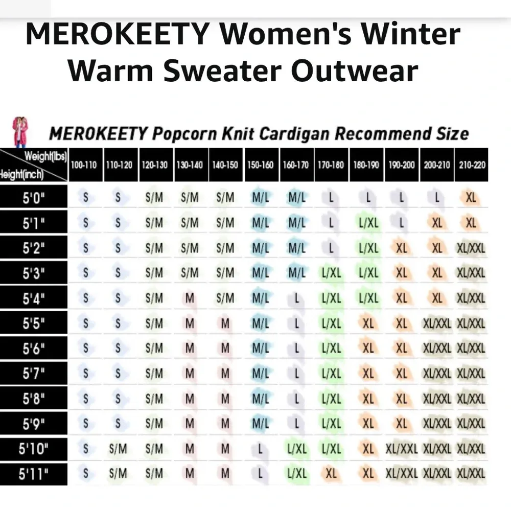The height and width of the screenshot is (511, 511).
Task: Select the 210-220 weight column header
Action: coord(472,166)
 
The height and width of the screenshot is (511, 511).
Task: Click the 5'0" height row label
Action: coord(34,198)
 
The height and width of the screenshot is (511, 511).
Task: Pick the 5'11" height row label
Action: coord(34,474)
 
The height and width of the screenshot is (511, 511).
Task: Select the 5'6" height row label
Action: coord(34,349)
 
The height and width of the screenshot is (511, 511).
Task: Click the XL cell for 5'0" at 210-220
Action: coord(471,197)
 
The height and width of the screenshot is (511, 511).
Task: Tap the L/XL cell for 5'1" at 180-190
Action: coord(368,223)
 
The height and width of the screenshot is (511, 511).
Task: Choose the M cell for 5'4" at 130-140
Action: coord(190,298)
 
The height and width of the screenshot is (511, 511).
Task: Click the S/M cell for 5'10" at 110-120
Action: coord(118,449)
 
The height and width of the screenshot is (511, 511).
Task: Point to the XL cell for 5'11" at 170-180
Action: coord(331,474)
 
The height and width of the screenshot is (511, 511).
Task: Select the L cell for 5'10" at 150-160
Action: coord(261,449)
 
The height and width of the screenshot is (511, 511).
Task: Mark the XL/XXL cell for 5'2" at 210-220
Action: coord(471,248)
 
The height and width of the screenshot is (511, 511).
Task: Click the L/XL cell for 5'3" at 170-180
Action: coord(331,273)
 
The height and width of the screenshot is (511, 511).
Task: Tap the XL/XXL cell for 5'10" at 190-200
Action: coord(402,449)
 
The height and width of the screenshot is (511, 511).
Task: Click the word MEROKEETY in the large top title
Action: coord(117,35)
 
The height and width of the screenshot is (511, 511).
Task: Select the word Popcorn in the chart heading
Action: coord(185,134)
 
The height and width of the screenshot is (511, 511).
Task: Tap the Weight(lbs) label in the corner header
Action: coord(46,156)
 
